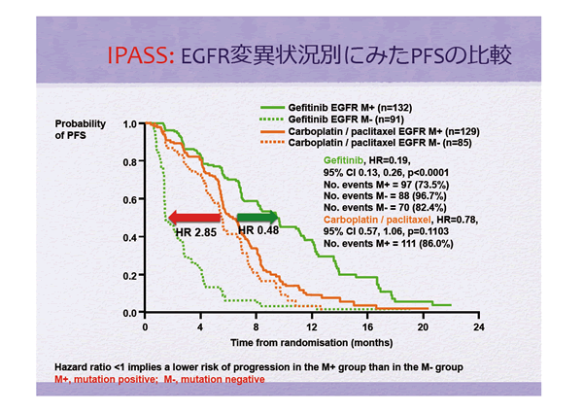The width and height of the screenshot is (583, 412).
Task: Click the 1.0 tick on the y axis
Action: (129, 124)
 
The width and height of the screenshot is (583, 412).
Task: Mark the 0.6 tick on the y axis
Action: (129, 200)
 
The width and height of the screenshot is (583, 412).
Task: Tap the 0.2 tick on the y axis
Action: (129, 276)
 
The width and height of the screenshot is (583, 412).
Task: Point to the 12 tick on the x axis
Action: (311, 327)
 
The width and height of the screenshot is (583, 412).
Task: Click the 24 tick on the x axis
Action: (477, 327)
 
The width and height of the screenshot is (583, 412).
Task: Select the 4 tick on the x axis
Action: (200, 327)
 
